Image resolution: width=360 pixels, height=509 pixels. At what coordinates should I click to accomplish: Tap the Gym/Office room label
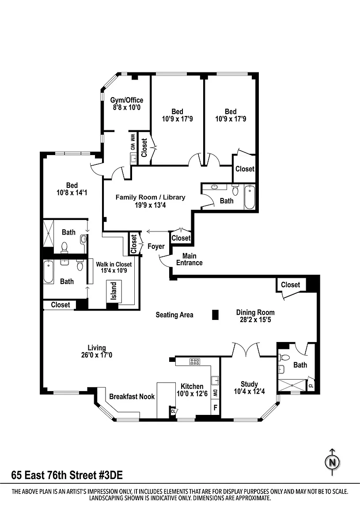point(127,100)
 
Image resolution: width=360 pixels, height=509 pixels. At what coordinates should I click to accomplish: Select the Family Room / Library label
point(151,198)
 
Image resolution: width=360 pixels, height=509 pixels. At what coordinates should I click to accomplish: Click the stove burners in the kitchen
point(194,361)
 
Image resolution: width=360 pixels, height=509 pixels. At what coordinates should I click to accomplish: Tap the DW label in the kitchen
point(215,393)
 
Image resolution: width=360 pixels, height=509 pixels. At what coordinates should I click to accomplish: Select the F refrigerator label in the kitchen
point(216,407)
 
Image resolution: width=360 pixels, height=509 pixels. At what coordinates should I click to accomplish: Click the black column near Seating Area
point(216,315)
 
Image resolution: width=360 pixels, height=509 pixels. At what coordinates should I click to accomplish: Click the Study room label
point(249,384)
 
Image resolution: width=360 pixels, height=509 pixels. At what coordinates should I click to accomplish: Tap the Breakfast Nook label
point(132,396)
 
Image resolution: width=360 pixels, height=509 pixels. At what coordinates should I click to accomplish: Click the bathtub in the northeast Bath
point(250,198)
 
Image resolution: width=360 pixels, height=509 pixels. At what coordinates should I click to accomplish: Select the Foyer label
point(156,247)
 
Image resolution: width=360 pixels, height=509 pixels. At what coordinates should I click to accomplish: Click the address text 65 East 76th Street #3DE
point(67,475)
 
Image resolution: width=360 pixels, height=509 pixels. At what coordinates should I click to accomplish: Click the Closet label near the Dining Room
point(290,285)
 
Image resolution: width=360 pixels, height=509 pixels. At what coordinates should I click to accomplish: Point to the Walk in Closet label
point(114,264)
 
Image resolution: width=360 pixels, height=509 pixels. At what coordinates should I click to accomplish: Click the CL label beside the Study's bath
point(311,386)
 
